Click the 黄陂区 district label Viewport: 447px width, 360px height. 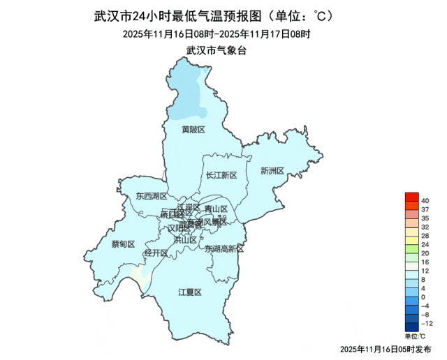pos(193,130)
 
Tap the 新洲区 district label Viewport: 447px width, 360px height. pos(272,171)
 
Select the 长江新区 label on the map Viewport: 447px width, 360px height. pos(222,175)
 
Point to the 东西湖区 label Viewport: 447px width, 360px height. pos(152,197)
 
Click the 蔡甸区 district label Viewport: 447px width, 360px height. pos(123,244)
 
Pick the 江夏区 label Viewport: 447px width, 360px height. pos(189,292)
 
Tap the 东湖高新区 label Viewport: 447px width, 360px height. pos(225,249)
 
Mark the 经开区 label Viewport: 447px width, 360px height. pos(156,253)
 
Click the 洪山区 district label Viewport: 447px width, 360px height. pos(184,239)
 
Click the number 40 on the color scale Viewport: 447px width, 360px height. pos(425,201)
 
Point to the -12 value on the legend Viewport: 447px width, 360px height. pos(427,323)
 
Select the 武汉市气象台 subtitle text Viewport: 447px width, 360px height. pos(217,50)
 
